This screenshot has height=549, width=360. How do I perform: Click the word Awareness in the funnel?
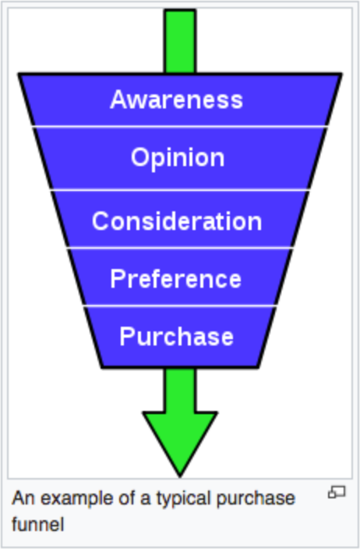176,100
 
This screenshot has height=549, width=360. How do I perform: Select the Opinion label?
178,158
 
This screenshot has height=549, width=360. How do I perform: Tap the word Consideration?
177,221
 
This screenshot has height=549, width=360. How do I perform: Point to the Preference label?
176,278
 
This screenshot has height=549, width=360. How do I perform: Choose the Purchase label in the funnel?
176,336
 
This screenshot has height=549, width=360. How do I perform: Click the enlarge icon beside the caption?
337,493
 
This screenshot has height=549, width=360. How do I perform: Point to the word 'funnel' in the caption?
37,523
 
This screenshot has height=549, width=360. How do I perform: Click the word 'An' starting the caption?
21,498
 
